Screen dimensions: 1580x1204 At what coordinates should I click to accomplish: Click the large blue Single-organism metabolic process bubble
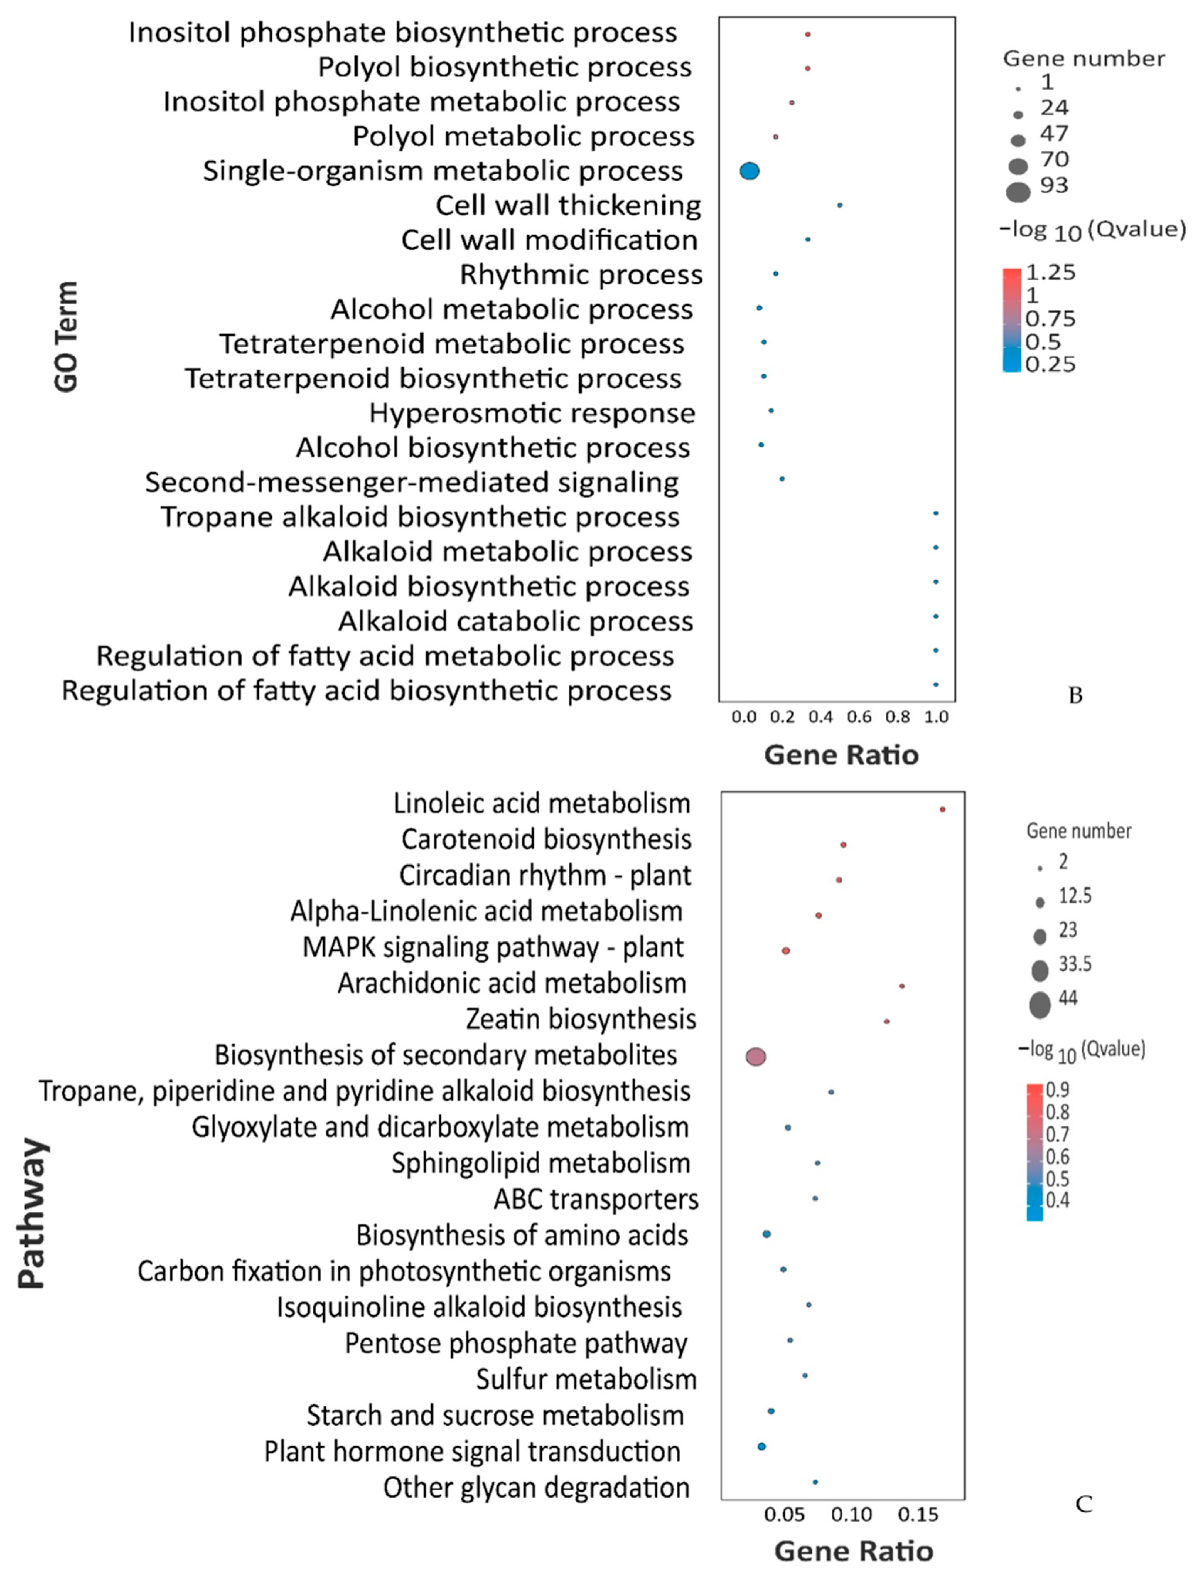(x=749, y=171)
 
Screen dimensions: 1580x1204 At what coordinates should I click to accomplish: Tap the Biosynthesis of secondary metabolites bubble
(x=756, y=1056)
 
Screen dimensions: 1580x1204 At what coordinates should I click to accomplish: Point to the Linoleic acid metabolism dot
(x=942, y=809)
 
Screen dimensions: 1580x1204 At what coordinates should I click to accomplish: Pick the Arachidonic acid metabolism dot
(x=902, y=986)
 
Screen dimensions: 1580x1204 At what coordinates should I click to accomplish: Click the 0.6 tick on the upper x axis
(x=859, y=717)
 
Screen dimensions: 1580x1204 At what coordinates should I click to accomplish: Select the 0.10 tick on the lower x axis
(x=851, y=1515)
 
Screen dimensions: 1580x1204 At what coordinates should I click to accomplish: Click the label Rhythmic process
(x=581, y=274)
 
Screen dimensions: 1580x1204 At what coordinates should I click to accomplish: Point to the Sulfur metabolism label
(x=586, y=1379)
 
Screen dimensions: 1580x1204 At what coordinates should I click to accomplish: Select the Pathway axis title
(x=32, y=1213)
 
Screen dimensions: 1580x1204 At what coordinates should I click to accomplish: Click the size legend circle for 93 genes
(x=1018, y=192)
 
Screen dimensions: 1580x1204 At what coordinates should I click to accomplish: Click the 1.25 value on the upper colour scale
(x=1050, y=272)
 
